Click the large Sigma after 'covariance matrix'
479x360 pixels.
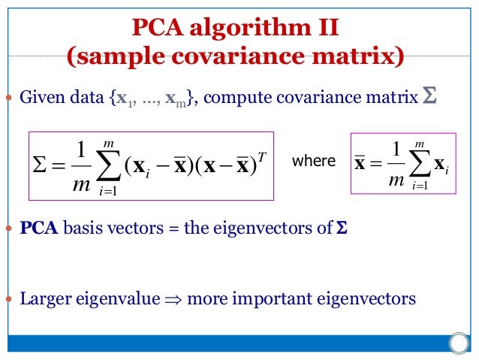tap(429, 97)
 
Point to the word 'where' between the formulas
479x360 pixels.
tap(313, 161)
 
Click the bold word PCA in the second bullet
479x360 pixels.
tap(39, 228)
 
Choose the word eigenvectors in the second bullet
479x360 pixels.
tap(256, 228)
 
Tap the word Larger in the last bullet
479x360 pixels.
tap(44, 298)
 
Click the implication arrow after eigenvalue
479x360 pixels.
tap(173, 299)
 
